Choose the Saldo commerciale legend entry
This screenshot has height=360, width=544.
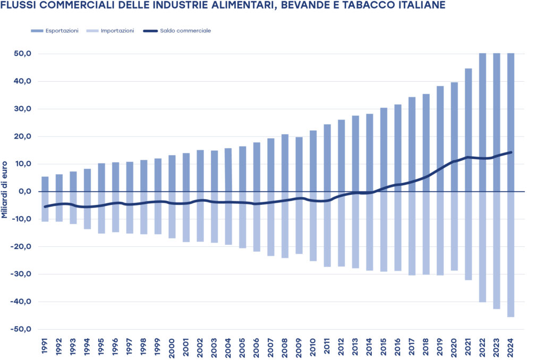pyautogui.click(x=185, y=31)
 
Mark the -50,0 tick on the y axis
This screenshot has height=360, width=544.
pyautogui.click(x=22, y=329)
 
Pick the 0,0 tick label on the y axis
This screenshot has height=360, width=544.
pyautogui.click(x=25, y=191)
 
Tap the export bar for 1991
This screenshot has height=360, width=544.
pyautogui.click(x=45, y=184)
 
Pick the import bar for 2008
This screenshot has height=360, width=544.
pyautogui.click(x=285, y=225)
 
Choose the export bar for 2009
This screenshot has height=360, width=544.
pyautogui.click(x=299, y=164)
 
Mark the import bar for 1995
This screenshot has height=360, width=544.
pyautogui.click(x=101, y=212)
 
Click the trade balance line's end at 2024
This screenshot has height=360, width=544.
pyautogui.click(x=511, y=152)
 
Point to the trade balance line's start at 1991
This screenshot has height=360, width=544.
pyautogui.click(x=45, y=207)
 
